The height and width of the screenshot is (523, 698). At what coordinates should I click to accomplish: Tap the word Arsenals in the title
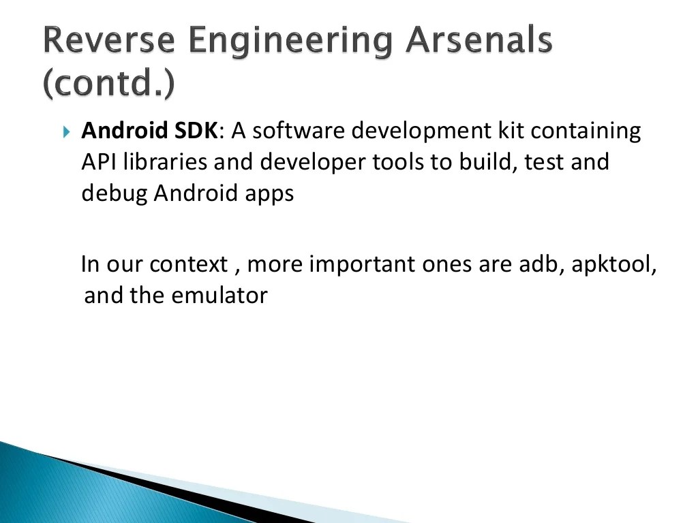479,42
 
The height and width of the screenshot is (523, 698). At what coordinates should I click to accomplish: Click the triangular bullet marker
66,131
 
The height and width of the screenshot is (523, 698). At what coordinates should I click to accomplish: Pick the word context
188,264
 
